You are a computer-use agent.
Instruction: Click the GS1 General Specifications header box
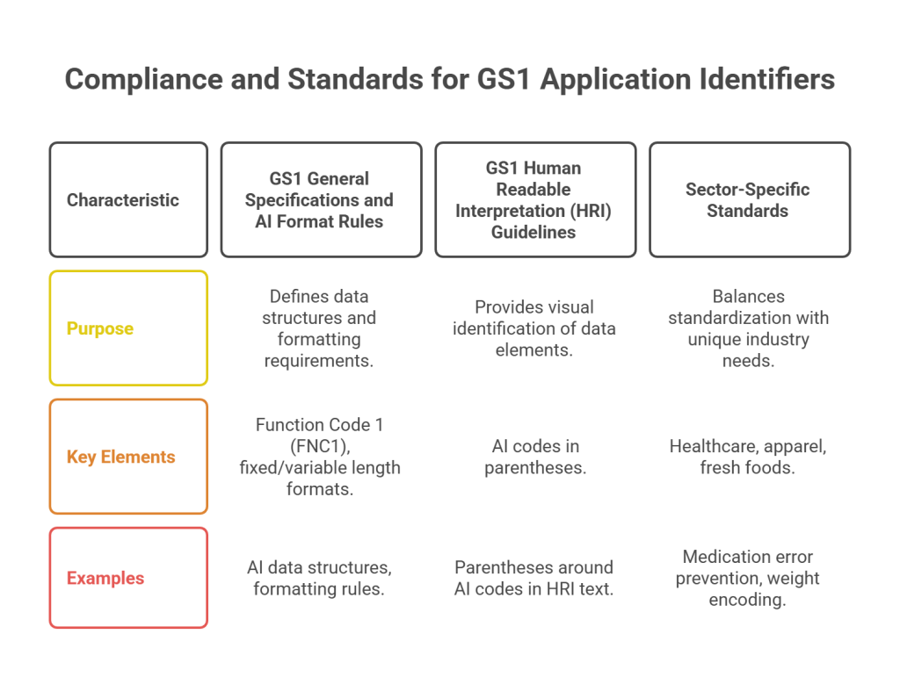(x=320, y=199)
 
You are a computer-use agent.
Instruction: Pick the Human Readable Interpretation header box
(x=534, y=199)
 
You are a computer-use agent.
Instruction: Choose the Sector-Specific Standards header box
(x=749, y=199)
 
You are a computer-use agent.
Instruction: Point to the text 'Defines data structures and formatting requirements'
(x=320, y=328)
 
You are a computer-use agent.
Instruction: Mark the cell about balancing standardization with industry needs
(x=749, y=328)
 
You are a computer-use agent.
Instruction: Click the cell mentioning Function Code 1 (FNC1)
(x=320, y=457)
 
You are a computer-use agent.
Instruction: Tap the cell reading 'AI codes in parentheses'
(x=534, y=458)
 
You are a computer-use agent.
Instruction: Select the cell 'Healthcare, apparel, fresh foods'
(x=749, y=458)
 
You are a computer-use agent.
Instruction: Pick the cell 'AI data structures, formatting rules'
(x=320, y=578)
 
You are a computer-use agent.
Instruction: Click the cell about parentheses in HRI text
(x=534, y=578)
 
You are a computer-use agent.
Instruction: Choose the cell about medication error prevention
(x=749, y=578)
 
